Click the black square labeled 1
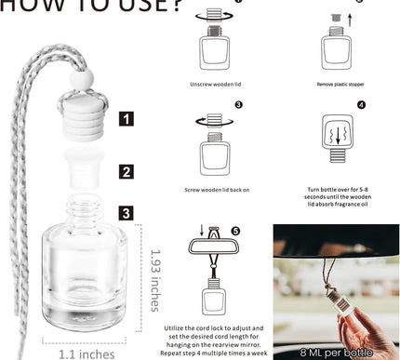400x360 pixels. click(x=127, y=118)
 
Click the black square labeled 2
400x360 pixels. click(x=127, y=170)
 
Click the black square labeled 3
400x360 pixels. click(x=127, y=213)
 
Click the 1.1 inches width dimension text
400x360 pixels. click(x=62, y=353)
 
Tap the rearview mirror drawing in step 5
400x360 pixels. click(x=221, y=246)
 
